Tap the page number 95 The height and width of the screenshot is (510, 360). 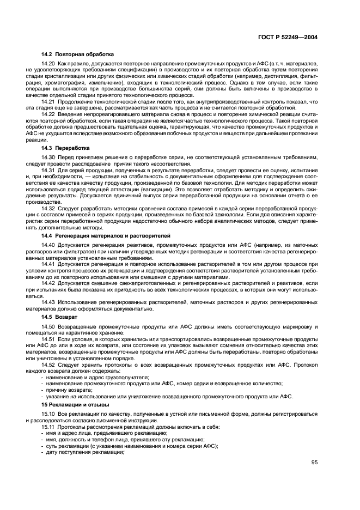[315, 462]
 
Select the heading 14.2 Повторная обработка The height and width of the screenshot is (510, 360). [77, 54]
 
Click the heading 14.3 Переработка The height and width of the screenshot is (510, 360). [66, 148]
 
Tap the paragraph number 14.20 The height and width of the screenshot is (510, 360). [48, 64]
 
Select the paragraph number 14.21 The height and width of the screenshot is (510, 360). [48, 101]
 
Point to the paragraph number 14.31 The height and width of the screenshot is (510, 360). [48, 170]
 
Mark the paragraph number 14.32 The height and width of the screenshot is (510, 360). [48, 208]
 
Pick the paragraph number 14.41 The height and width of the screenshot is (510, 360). [48, 263]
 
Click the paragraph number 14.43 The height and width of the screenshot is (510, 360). [48, 301]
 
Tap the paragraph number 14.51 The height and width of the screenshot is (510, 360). [48, 339]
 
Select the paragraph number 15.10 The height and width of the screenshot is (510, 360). [48, 415]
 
